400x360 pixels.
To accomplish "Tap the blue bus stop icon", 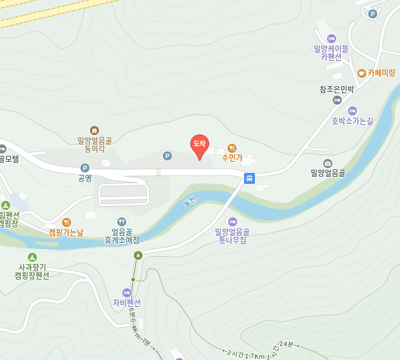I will [250, 178].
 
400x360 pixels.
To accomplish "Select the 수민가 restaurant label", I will [232, 157].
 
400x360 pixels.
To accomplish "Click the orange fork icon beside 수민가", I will [232, 148].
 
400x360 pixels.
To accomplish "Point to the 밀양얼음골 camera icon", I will [327, 164].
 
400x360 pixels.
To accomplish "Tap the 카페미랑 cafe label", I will [381, 73].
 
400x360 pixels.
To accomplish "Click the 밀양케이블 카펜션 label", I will [331, 53].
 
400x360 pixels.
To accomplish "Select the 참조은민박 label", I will [336, 89].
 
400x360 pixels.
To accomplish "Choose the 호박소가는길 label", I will [352, 120].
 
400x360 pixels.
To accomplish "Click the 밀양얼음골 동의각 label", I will [94, 145].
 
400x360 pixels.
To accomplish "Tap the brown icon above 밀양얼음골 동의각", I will [94, 130].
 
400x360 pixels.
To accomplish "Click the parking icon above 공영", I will [85, 168].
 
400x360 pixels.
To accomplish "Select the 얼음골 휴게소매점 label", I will [121, 236].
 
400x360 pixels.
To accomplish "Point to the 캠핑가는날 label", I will [66, 232].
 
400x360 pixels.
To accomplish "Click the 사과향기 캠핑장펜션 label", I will [34, 271].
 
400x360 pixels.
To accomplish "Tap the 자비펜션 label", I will [127, 302].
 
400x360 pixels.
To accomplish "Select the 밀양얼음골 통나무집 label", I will [232, 236].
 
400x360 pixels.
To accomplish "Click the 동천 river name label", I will [190, 203].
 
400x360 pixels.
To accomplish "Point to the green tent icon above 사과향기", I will [32, 257].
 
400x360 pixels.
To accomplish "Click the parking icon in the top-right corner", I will [373, 14].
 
